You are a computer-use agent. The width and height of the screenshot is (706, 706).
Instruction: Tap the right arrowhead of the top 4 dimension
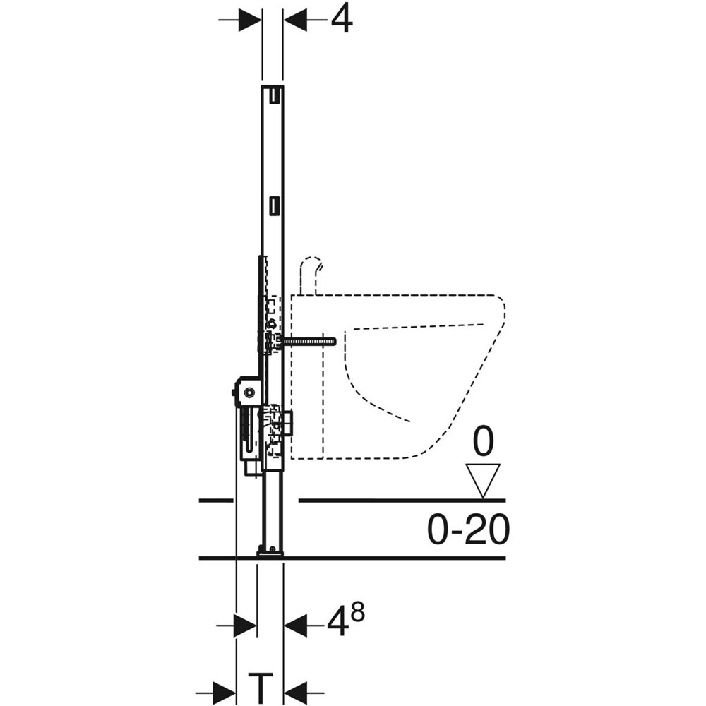295,20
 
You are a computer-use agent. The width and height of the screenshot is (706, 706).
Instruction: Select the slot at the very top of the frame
273,92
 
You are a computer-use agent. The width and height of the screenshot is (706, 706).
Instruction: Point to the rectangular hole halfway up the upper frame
273,205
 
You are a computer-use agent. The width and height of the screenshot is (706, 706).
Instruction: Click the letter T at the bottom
260,686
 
